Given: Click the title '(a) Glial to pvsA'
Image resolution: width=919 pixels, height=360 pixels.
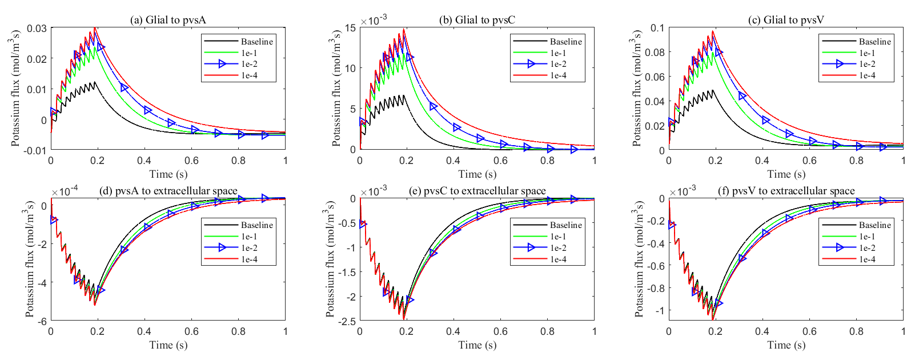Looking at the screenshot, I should (168, 20).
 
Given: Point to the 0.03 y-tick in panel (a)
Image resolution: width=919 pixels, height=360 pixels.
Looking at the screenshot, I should (38, 28).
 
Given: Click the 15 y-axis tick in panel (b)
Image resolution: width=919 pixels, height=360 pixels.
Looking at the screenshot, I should (350, 27).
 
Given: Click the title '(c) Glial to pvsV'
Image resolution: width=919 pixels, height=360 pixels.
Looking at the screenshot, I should (786, 20).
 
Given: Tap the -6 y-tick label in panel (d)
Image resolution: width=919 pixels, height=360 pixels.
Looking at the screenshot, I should (42, 321).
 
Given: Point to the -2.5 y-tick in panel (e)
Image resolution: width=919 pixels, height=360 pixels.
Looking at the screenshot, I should (346, 321).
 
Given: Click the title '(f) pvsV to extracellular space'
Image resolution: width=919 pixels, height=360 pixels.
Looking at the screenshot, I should (786, 191).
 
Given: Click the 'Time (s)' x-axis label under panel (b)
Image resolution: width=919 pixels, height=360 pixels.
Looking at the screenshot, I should (477, 174).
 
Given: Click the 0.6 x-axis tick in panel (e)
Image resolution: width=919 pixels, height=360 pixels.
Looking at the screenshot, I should (500, 331).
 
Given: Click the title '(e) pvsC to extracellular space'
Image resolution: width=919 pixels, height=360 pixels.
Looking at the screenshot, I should (477, 191).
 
